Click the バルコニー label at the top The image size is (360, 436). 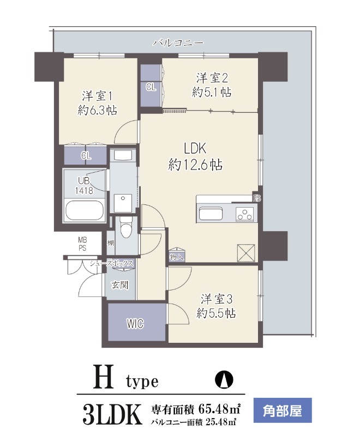coord(178,42)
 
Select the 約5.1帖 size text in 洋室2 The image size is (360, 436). coord(211,93)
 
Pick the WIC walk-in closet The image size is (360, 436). coord(135,324)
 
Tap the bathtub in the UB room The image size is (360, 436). coord(85,211)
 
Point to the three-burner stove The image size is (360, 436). coord(244,214)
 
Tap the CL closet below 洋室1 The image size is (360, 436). coord(86,155)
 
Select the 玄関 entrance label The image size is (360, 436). coord(120,284)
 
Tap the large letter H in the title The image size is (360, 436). coord(106,377)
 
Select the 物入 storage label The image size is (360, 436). coord(177,256)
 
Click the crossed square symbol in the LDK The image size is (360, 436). coord(246,253)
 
